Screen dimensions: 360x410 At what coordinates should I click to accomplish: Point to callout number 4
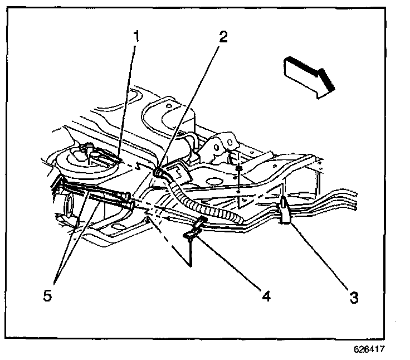[266, 296]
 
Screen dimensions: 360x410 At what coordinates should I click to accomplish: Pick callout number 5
[48, 295]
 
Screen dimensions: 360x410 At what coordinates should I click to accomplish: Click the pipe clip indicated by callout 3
[284, 210]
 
